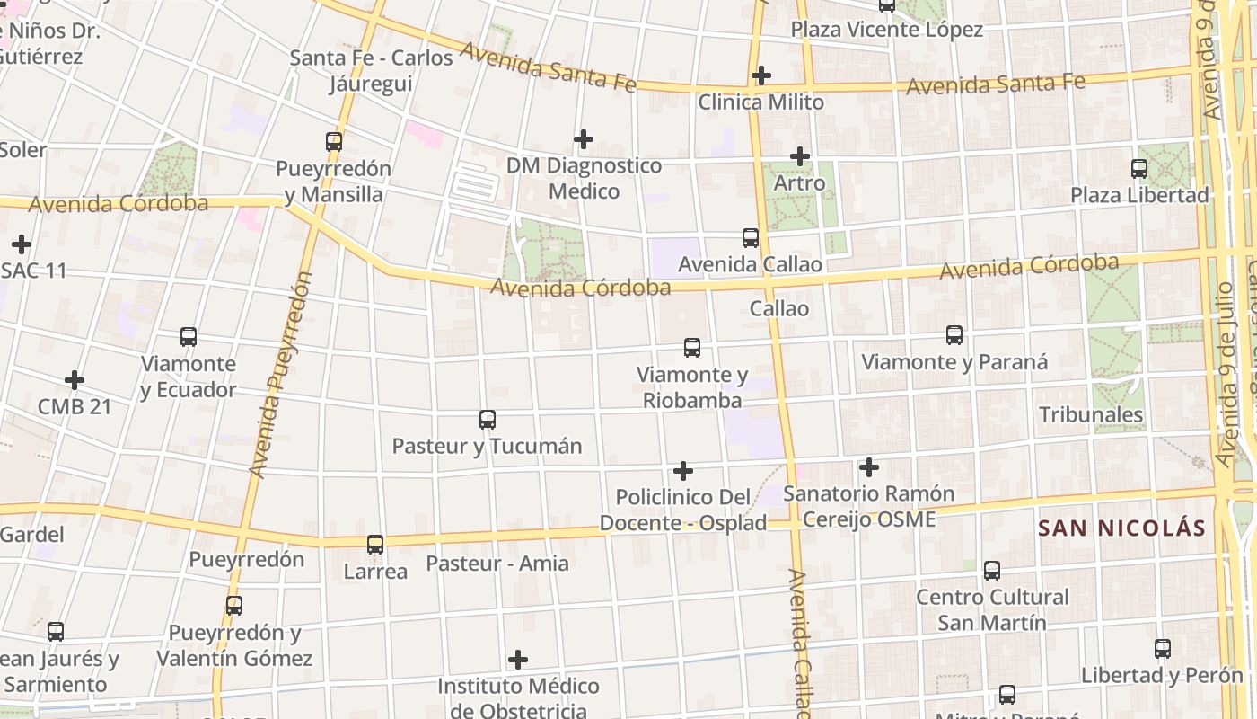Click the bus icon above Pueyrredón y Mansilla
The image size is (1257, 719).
click(334, 141)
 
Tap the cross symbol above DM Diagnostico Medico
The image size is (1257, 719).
click(584, 139)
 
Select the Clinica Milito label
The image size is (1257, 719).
click(760, 102)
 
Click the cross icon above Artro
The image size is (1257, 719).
click(800, 156)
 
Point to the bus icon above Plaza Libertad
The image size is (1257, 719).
click(1139, 168)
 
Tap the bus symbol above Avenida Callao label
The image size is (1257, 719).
click(751, 238)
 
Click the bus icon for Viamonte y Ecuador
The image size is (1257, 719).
click(189, 337)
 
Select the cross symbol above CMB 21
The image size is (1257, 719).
click(75, 380)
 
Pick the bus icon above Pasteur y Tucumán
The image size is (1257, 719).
click(488, 420)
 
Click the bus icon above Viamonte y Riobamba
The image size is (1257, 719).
click(692, 348)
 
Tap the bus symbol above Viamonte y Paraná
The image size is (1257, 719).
click(954, 335)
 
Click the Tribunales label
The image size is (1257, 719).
click(1091, 415)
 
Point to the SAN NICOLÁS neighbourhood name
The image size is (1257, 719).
click(1121, 528)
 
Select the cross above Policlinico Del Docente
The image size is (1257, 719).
click(683, 471)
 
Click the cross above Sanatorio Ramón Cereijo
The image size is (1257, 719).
click(869, 467)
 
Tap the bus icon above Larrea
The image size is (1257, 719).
click(375, 545)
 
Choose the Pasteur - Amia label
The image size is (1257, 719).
click(497, 564)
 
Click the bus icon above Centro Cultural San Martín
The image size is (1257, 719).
click(992, 571)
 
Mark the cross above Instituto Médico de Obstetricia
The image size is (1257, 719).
click(518, 661)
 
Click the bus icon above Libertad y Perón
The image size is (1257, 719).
click(1163, 649)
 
